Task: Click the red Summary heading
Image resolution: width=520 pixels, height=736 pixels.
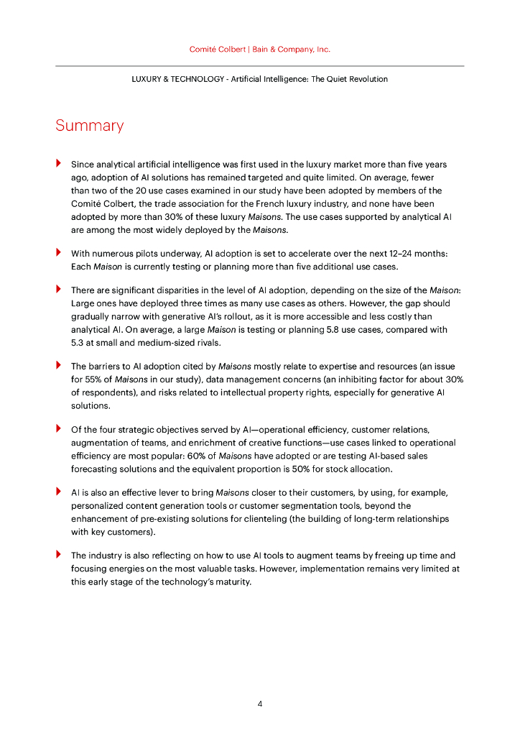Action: coord(89,126)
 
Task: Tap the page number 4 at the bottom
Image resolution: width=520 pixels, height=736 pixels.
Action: coord(260,704)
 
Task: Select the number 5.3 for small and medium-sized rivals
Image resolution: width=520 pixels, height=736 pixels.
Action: coord(78,343)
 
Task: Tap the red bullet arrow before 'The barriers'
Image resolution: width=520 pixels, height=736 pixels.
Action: coord(58,365)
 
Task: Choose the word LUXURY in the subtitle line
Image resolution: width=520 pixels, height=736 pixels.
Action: coord(147,79)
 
